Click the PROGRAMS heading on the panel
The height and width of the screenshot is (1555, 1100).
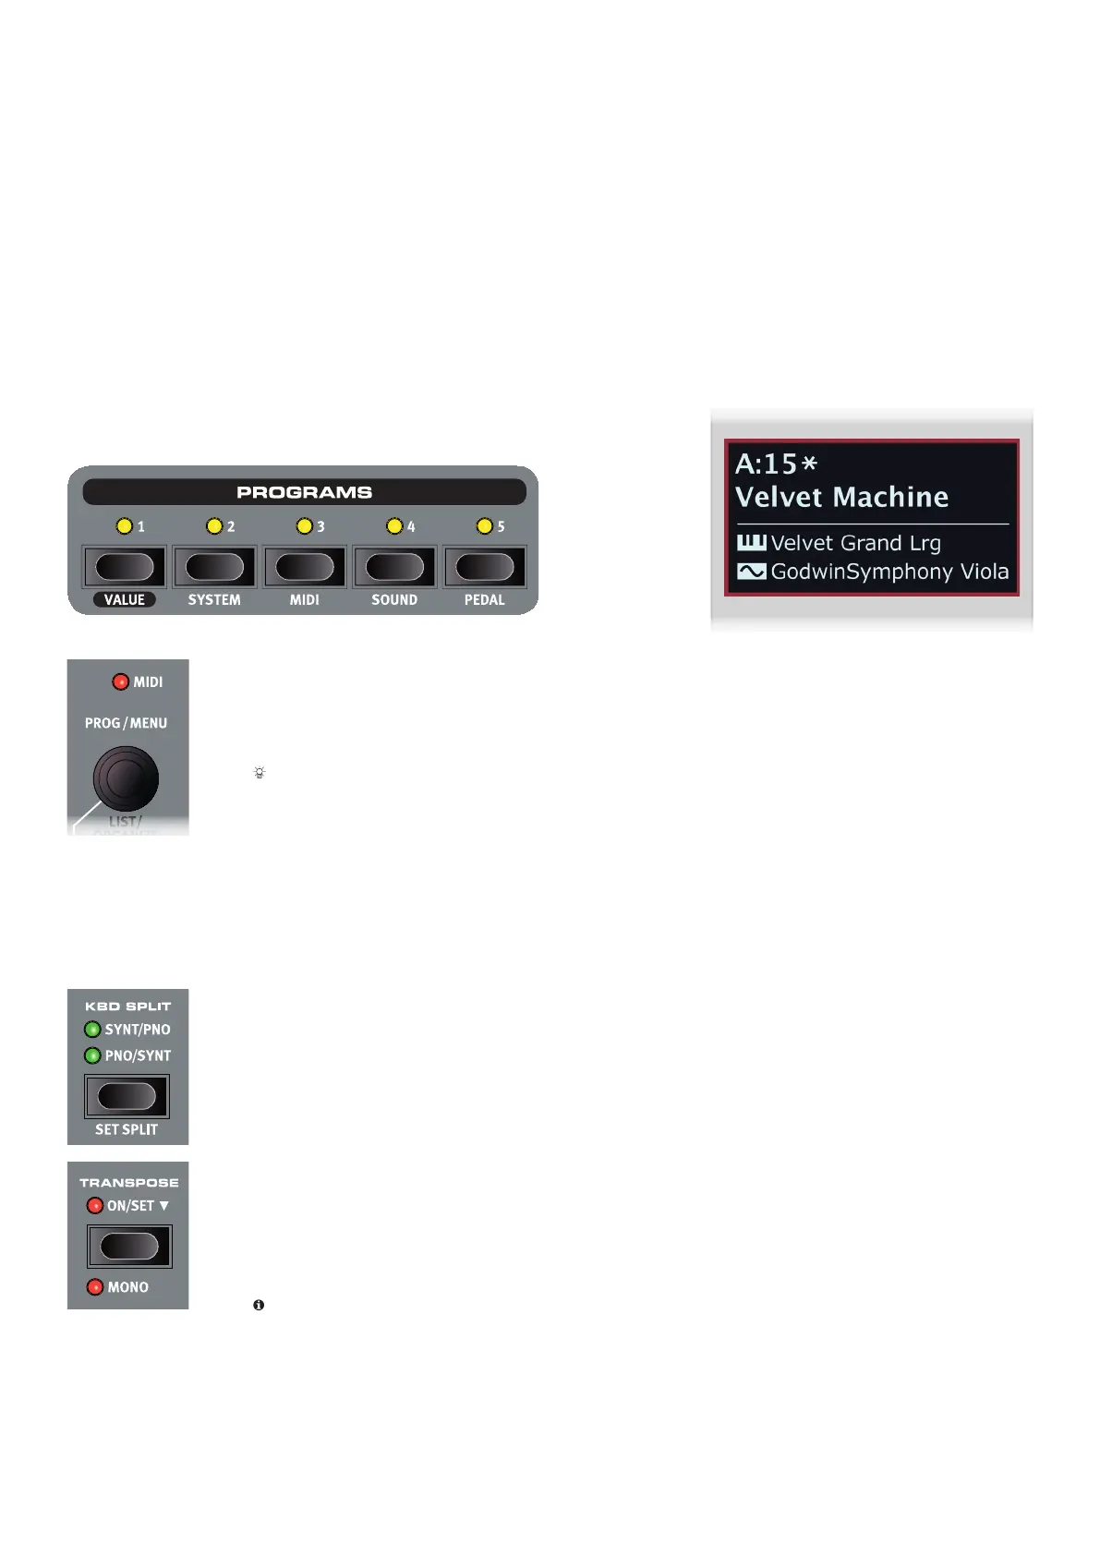[304, 492]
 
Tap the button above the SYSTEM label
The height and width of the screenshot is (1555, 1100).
[214, 567]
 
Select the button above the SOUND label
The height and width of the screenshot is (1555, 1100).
[394, 567]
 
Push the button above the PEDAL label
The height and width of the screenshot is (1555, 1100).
[485, 567]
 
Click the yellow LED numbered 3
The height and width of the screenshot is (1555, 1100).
[304, 526]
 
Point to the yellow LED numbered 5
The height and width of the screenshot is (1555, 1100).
[484, 526]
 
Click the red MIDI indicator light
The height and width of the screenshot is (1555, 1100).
[120, 682]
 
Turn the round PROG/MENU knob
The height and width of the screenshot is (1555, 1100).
[126, 779]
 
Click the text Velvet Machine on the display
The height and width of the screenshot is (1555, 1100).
[841, 498]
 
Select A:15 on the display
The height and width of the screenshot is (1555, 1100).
[767, 464]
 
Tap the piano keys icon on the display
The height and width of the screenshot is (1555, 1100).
[751, 543]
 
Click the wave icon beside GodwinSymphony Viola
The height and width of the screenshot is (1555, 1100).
[751, 572]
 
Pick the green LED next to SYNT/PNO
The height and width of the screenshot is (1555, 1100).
[92, 1030]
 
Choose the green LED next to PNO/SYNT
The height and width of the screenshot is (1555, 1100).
[92, 1055]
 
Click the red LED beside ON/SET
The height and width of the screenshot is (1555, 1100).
[94, 1206]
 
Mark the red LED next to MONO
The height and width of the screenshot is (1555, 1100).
[94, 1287]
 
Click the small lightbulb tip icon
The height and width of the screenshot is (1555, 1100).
[260, 773]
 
